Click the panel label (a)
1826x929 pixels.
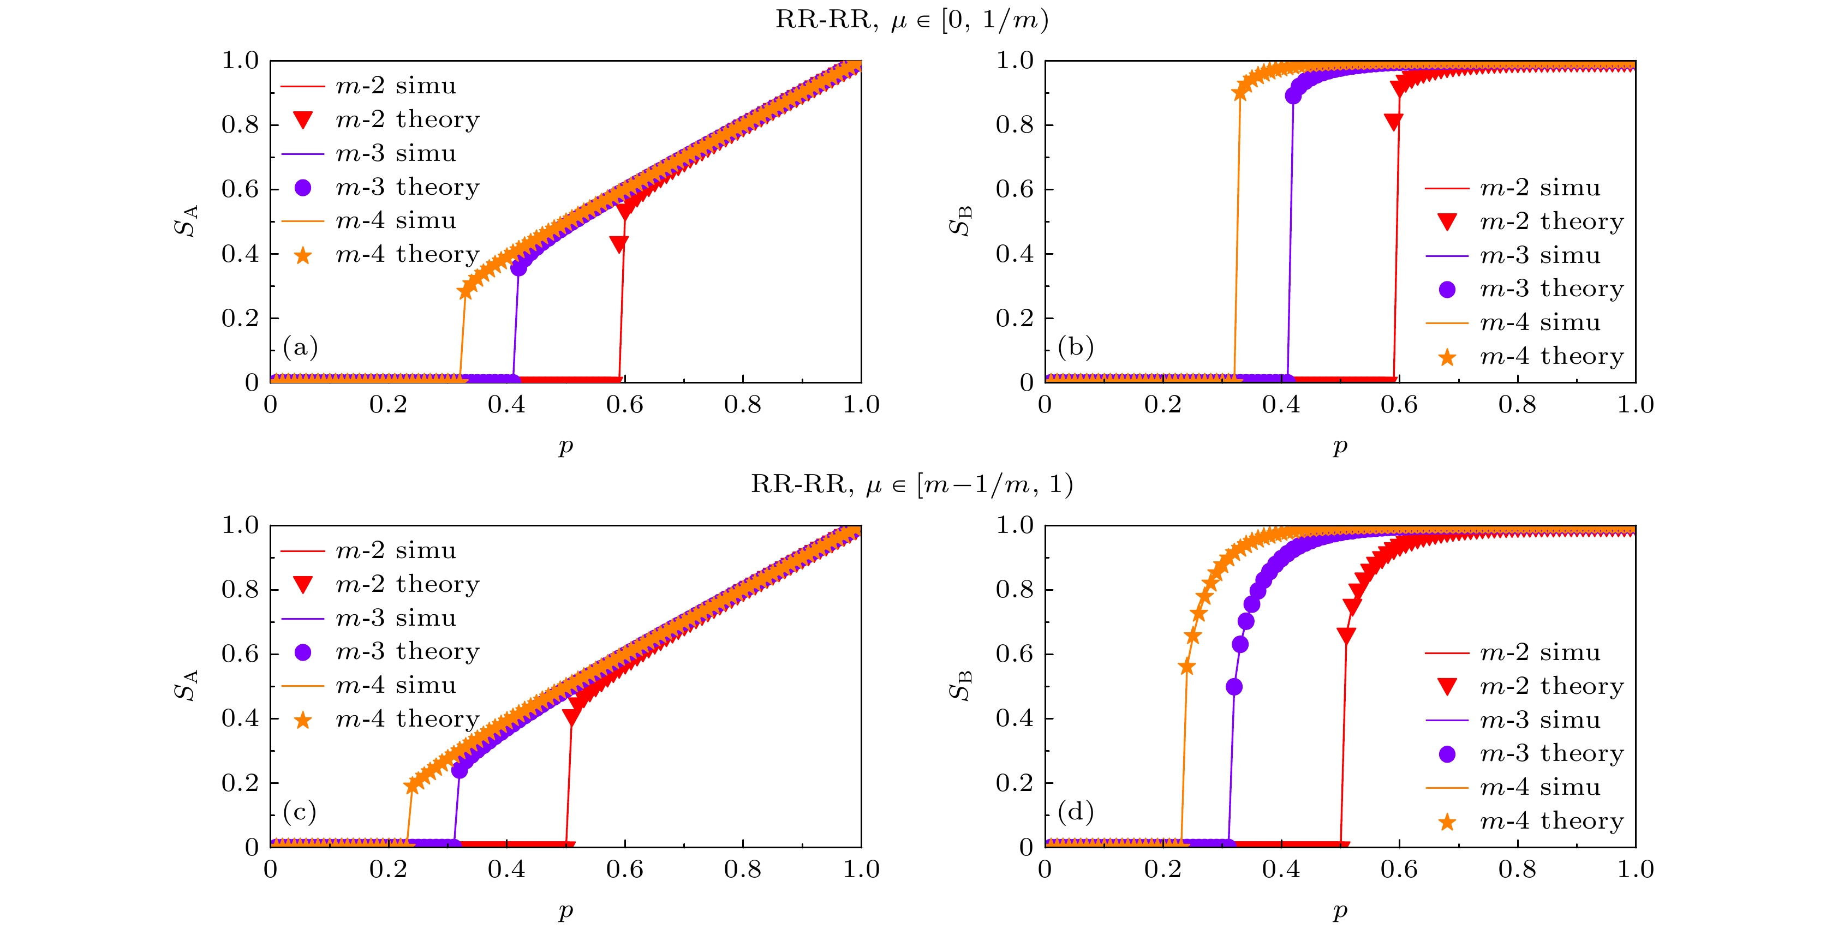(300, 347)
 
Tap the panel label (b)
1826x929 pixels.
(1075, 347)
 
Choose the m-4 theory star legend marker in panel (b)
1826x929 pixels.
(1447, 358)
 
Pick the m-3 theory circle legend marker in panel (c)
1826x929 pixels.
(303, 652)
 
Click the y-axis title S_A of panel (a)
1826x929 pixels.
(186, 221)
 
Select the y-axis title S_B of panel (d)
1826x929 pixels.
(960, 685)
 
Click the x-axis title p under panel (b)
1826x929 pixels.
(1340, 446)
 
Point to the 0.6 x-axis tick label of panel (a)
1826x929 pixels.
(624, 405)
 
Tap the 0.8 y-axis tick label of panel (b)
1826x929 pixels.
(1015, 125)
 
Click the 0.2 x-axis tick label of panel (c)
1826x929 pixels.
(388, 870)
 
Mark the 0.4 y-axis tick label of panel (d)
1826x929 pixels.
(1015, 718)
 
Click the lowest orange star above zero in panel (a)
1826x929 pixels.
(465, 291)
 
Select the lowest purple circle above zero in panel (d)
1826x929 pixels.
(1234, 687)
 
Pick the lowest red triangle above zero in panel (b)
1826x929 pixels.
(1393, 122)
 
